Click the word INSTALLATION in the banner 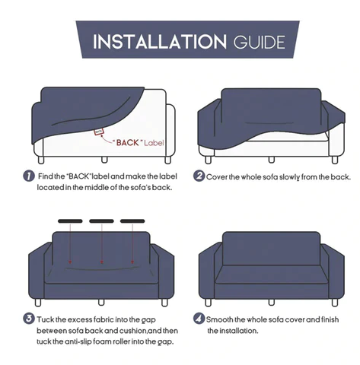point(160,42)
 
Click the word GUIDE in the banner point(260,43)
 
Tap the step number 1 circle point(29,176)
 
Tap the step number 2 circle point(199,176)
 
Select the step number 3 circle point(29,319)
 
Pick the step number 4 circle point(199,319)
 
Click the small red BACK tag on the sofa point(99,132)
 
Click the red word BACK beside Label point(128,143)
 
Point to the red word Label point(154,143)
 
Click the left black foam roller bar point(70,221)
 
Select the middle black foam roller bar point(101,221)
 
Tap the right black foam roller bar point(132,221)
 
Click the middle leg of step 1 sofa point(104,160)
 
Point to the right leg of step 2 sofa point(335,160)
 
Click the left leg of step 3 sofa point(38,303)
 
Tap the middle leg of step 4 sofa point(272,303)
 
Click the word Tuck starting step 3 point(45,319)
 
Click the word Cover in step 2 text point(216,177)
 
